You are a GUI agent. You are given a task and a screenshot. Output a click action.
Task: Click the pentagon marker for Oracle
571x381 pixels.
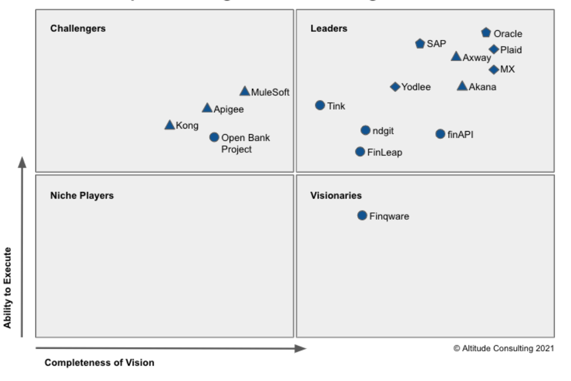486,33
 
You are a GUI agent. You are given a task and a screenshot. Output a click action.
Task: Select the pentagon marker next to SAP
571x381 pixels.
420,44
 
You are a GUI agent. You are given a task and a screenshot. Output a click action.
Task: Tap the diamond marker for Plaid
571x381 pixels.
494,49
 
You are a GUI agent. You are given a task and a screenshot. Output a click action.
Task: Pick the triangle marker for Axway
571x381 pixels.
456,56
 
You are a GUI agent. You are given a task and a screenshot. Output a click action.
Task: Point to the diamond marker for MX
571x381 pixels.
494,70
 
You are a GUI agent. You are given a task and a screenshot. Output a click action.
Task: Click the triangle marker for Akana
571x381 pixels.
462,86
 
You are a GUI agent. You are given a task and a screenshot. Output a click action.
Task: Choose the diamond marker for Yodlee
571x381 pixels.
395,87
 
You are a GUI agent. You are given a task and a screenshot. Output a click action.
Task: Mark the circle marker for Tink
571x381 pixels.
320,105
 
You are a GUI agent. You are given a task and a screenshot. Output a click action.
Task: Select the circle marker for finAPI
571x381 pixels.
440,134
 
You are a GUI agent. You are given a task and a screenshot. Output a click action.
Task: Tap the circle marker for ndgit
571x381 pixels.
365,131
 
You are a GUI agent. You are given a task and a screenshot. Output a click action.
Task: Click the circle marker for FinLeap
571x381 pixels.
360,152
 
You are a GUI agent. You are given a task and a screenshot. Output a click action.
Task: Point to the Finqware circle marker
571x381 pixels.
362,216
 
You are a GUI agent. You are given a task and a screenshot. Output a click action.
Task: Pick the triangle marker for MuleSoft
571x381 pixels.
244,92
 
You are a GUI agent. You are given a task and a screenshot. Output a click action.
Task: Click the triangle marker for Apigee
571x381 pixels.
207,108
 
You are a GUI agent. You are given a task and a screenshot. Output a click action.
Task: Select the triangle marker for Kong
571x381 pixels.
170,125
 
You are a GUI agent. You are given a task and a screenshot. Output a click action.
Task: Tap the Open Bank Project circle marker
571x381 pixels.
214,137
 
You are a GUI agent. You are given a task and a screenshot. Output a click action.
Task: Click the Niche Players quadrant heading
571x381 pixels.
81,195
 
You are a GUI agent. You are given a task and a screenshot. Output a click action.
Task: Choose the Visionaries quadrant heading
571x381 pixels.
336,195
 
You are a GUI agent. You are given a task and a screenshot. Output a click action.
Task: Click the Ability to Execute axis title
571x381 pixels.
8,288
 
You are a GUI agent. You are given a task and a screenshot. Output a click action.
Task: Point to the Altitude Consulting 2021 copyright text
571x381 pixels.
503,348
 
